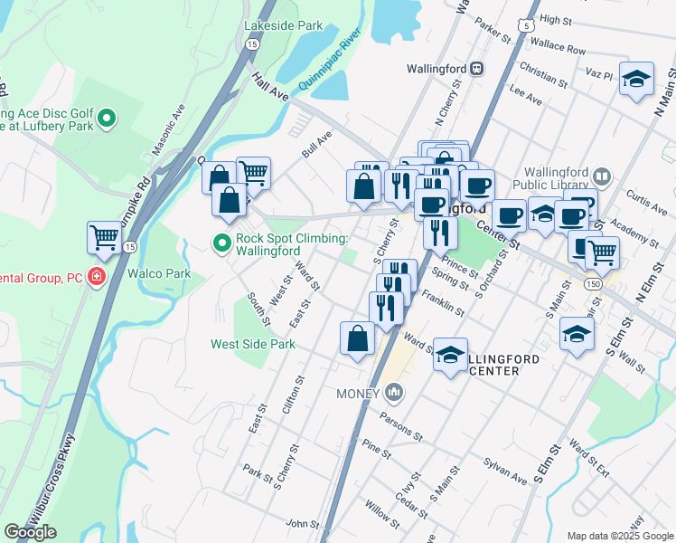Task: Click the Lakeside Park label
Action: tap(283, 25)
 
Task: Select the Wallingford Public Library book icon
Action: tap(603, 176)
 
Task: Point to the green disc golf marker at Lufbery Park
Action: tap(107, 117)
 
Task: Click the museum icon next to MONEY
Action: tap(393, 393)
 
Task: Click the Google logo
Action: tap(30, 532)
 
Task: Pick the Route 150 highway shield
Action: tap(591, 284)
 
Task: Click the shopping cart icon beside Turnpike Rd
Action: tap(105, 238)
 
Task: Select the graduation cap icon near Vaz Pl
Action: tap(637, 79)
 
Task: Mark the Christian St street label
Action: tap(543, 74)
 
